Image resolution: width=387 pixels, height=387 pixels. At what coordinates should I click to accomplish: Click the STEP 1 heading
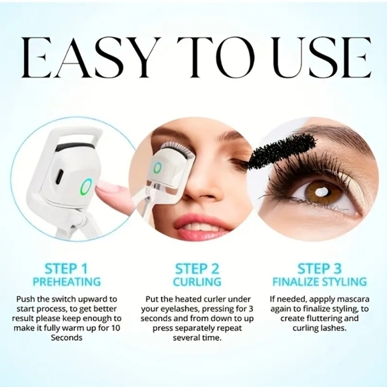(x=66, y=269)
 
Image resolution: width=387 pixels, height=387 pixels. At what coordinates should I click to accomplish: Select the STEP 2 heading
(x=197, y=269)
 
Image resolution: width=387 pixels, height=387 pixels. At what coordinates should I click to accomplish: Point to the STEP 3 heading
(x=320, y=269)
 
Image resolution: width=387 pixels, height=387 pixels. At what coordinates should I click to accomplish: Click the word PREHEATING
(x=67, y=282)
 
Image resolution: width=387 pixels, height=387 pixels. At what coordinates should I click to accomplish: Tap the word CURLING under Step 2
(x=197, y=282)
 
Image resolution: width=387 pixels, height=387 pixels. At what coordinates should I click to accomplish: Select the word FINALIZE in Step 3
(x=296, y=282)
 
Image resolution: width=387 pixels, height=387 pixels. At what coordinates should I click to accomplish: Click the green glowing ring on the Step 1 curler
(x=86, y=187)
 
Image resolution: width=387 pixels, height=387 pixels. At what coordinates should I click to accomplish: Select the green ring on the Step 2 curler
(x=157, y=168)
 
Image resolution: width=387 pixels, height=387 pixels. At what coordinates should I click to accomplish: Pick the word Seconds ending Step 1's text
(x=67, y=338)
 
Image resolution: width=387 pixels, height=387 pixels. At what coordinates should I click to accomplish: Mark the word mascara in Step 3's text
(x=353, y=300)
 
